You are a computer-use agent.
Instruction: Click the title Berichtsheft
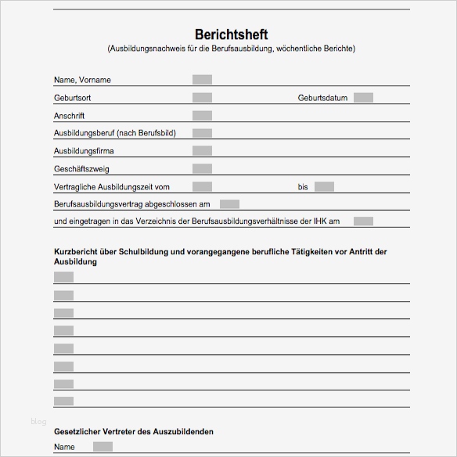[231, 34]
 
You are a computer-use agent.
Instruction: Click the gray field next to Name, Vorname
[202, 80]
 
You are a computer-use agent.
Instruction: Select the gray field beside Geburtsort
[202, 98]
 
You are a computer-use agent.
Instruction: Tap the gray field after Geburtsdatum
[363, 98]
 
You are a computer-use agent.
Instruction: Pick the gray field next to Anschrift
[202, 115]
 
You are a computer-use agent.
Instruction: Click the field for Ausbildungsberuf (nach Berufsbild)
[202, 133]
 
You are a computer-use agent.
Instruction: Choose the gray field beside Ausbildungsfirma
[202, 151]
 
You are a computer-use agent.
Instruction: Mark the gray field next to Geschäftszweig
[202, 169]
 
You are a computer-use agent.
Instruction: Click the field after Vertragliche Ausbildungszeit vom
[202, 187]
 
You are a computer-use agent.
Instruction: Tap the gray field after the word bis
[324, 187]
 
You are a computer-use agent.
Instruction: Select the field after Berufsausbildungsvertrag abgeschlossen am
[229, 204]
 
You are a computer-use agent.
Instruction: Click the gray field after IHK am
[363, 221]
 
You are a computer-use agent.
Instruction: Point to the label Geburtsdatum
[322, 98]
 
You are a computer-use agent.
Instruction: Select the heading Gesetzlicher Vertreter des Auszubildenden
[133, 432]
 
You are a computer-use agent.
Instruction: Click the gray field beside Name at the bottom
[103, 447]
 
